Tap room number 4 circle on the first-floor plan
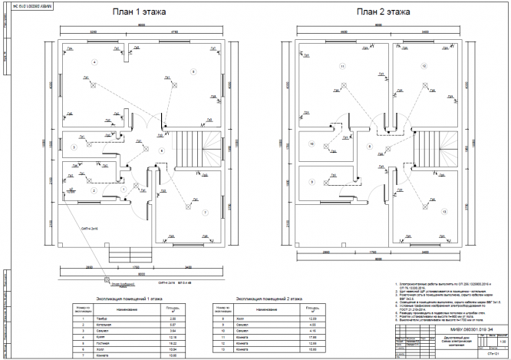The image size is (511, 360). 94,61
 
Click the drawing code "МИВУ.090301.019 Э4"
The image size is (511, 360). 450,307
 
